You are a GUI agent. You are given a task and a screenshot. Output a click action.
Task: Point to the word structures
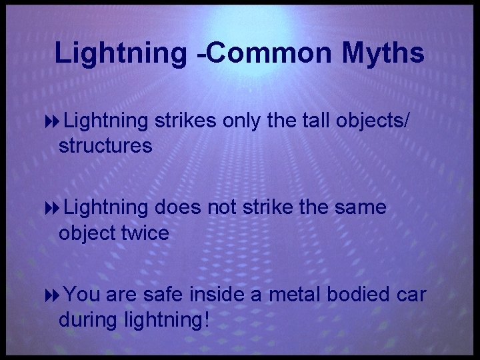click(x=105, y=145)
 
